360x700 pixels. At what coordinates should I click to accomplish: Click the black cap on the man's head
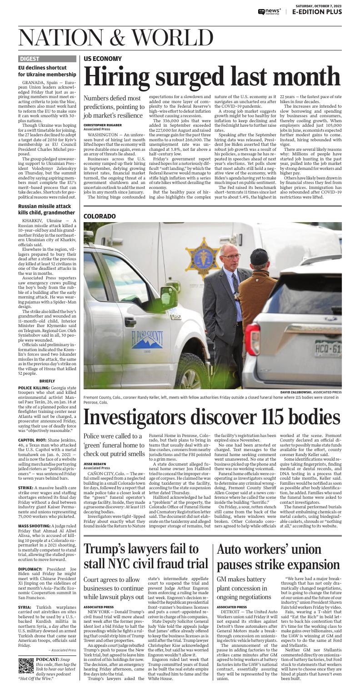(x=259, y=257)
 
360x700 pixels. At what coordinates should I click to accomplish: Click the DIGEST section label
(x=30, y=59)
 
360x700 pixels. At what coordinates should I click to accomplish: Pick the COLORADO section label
(x=100, y=216)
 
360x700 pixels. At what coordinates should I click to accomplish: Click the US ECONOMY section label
(x=103, y=59)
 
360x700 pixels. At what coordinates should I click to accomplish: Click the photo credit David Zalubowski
(x=298, y=392)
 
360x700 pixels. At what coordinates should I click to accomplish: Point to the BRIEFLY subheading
(x=47, y=381)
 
